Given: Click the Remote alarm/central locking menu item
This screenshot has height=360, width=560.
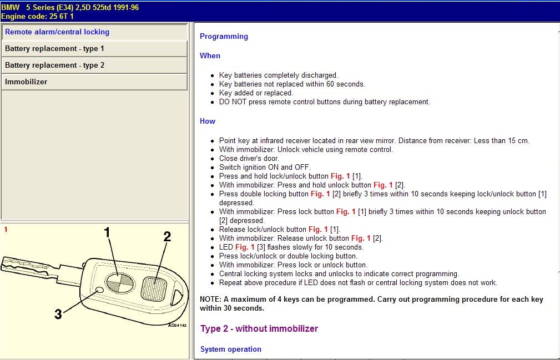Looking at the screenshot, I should tap(57, 32).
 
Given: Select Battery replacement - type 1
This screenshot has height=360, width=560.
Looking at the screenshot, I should tap(54, 49).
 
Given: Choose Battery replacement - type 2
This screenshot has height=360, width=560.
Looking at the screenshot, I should tap(54, 65).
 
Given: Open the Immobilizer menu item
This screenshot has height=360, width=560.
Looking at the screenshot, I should tap(26, 82).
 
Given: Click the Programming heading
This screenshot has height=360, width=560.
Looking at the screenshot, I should tap(224, 37).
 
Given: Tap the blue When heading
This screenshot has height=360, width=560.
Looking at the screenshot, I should tap(210, 56).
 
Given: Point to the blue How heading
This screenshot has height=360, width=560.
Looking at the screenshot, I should tap(208, 121).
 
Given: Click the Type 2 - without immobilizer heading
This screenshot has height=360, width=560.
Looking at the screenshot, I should tap(259, 329).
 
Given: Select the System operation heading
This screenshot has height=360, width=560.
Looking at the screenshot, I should tap(230, 349).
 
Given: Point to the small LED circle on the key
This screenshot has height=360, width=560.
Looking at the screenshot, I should tap(99, 290).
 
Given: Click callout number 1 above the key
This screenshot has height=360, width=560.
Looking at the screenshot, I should tap(108, 233).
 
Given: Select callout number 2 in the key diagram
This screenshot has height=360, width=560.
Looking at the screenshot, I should tap(167, 237).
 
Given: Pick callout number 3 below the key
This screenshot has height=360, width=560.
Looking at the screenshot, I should tap(58, 315).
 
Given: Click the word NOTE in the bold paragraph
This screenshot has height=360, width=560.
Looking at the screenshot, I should tap(209, 300).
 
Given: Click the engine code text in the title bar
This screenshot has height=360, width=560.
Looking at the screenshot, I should tap(37, 17).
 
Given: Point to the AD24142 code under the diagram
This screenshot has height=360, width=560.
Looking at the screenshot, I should tap(177, 325).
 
